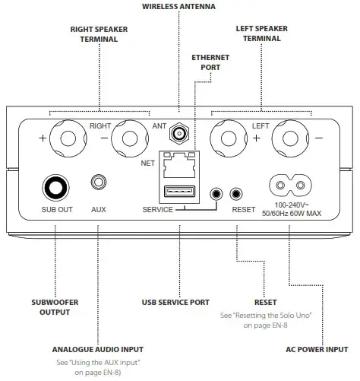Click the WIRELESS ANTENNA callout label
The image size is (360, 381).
(178, 6)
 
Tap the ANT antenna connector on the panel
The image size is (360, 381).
(180, 134)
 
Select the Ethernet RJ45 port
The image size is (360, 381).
(178, 164)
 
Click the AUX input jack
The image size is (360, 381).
(98, 183)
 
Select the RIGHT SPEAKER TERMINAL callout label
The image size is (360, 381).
(99, 34)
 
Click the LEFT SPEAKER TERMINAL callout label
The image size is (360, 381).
(261, 34)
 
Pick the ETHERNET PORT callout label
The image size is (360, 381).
(205, 62)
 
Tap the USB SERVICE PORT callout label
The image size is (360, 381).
(175, 302)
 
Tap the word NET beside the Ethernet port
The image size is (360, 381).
(147, 162)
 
